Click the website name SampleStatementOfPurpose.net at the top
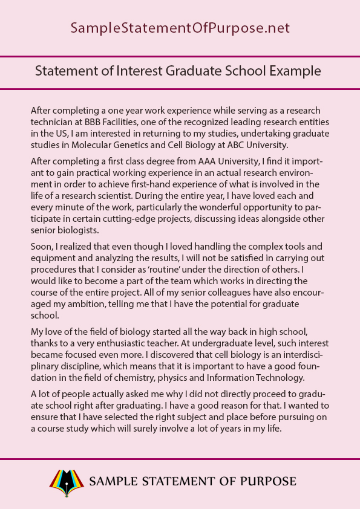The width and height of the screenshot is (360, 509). click(180, 28)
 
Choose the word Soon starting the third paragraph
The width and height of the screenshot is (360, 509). click(42, 247)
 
